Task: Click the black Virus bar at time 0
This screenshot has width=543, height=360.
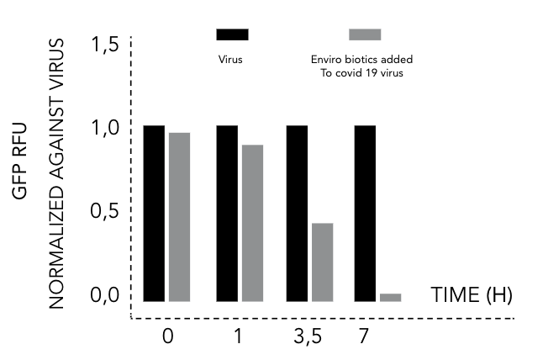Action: [x=154, y=213]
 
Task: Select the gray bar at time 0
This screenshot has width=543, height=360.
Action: [x=179, y=217]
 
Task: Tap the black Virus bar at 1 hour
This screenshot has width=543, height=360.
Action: [x=227, y=213]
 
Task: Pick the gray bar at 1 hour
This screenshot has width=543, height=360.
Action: [x=252, y=223]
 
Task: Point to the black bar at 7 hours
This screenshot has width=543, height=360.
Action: [x=364, y=213]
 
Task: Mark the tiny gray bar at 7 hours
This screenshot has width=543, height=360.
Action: [x=390, y=297]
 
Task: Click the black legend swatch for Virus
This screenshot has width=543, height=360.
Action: [x=232, y=34]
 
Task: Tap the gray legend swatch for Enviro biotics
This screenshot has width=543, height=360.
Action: [x=365, y=34]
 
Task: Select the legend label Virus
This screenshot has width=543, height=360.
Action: [x=230, y=60]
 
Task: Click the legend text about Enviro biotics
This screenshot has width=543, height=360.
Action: [x=361, y=66]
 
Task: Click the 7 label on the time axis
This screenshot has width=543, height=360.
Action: [x=363, y=336]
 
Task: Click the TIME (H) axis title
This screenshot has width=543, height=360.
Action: [x=471, y=295]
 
